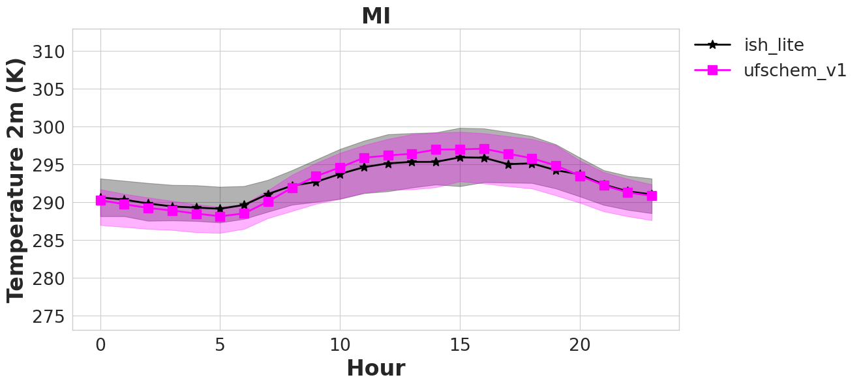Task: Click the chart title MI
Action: (376, 16)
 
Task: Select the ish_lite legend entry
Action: (749, 45)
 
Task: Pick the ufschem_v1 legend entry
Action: (770, 70)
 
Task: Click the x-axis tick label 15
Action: (460, 345)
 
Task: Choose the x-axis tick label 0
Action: (100, 345)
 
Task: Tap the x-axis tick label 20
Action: (580, 345)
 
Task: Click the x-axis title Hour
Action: (376, 368)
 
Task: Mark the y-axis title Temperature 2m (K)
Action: (16, 180)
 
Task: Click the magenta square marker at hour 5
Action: (220, 217)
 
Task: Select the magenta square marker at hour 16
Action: (484, 149)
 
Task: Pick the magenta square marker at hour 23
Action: (652, 196)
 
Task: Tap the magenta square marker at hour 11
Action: (364, 158)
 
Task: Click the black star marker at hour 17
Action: (508, 164)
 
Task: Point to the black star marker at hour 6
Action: (244, 205)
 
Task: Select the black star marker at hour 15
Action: (460, 158)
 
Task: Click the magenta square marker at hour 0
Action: (100, 200)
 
